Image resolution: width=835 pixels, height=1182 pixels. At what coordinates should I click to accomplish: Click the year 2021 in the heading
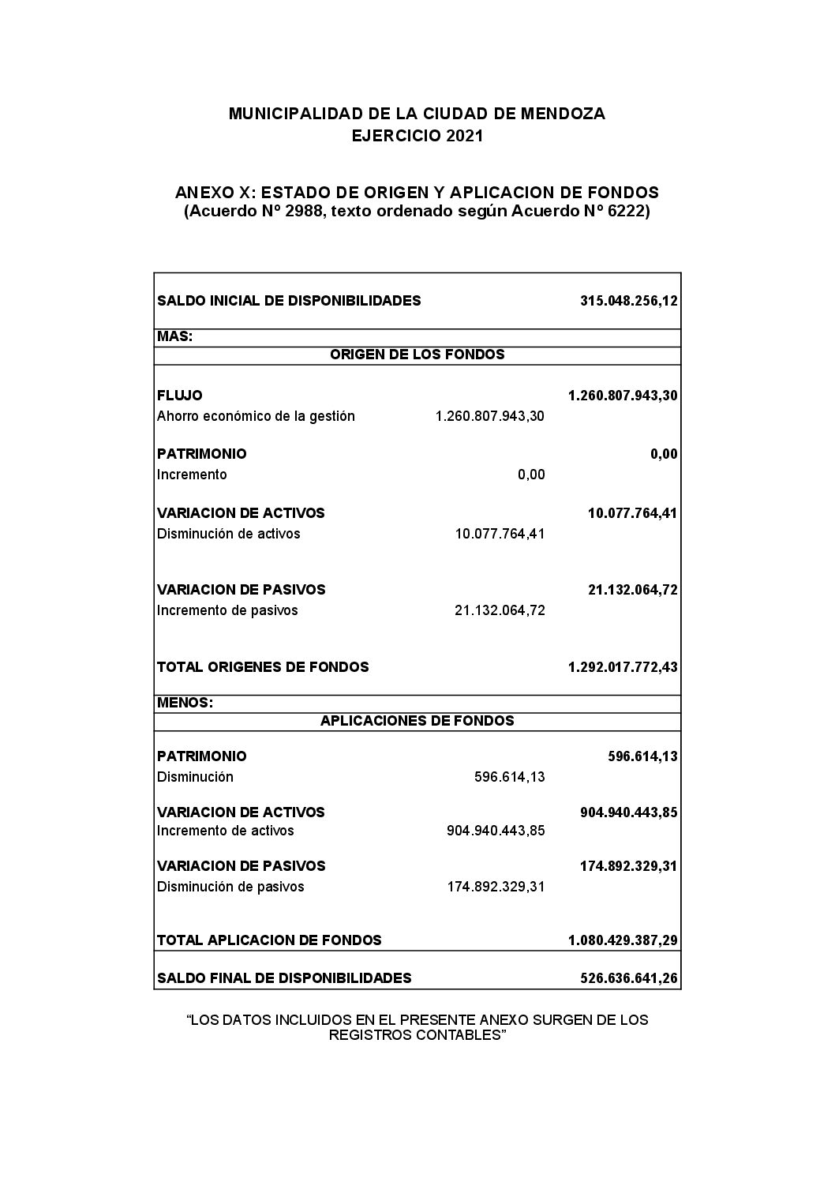click(x=464, y=136)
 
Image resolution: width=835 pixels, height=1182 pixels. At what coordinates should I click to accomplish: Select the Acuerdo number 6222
click(x=621, y=212)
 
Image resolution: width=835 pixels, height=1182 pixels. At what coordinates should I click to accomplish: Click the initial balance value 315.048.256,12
click(x=628, y=301)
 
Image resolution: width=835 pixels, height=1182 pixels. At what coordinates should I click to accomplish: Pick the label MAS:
click(x=174, y=336)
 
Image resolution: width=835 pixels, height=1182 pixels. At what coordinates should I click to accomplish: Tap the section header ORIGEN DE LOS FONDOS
click(x=417, y=355)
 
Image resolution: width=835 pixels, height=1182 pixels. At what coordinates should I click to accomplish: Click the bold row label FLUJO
click(x=179, y=396)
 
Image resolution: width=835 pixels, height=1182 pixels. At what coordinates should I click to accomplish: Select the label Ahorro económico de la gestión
click(x=256, y=416)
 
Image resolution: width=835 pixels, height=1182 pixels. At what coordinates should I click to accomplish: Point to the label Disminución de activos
click(x=228, y=534)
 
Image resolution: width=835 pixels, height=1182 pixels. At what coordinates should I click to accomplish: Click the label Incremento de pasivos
click(x=227, y=610)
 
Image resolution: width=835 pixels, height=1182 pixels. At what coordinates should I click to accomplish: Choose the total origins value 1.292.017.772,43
click(x=622, y=667)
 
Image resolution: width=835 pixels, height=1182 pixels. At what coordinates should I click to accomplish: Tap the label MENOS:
click(x=185, y=703)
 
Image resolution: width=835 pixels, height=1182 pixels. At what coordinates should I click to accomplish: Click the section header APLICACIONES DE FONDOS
click(x=417, y=721)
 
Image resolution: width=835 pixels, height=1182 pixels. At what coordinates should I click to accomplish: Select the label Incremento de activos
click(x=225, y=831)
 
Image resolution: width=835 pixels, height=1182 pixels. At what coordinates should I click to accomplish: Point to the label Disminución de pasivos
click(x=230, y=887)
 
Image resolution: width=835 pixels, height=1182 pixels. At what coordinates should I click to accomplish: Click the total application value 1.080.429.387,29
click(x=622, y=940)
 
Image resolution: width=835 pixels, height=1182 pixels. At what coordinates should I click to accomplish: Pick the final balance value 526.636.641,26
click(x=628, y=978)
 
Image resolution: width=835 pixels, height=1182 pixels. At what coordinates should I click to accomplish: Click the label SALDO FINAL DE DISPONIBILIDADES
click(x=284, y=978)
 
